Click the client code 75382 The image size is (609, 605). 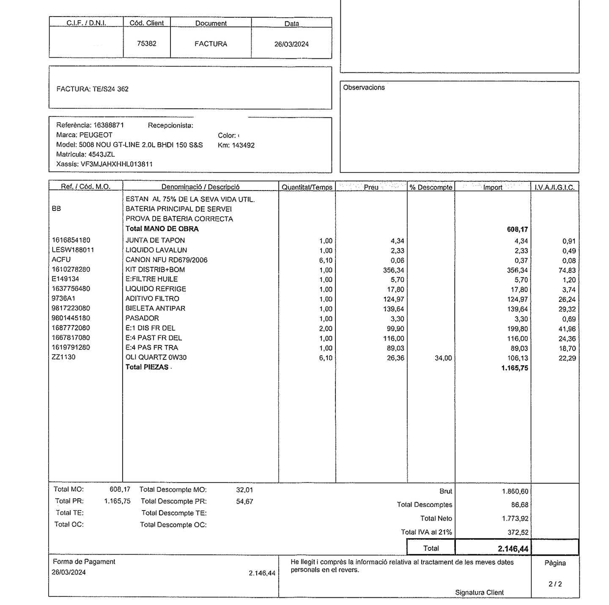coord(146,44)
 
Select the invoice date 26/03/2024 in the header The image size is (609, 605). coord(291,44)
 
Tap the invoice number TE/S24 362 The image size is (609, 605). coord(110,89)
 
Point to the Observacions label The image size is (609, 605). coord(364,88)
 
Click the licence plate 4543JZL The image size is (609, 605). coord(101,155)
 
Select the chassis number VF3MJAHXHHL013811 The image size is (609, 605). coord(117,164)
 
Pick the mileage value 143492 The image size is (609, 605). coord(243,145)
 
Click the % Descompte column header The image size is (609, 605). coord(431,187)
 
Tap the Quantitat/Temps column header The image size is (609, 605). coord(307,187)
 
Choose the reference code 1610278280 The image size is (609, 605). coord(71,269)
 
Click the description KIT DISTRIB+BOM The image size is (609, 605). coord(155,270)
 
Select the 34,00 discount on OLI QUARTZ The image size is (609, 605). coord(443,358)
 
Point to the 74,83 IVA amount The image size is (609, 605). coord(567,271)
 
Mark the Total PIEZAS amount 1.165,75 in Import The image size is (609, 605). coord(515,368)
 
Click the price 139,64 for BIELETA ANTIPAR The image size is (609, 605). coord(393,309)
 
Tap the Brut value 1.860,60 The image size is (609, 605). coord(515,492)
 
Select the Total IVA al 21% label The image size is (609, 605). coord(426,532)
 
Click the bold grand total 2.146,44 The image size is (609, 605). coord(513,549)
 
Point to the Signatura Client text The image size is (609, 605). coord(479,593)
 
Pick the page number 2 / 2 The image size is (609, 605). coord(555,584)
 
